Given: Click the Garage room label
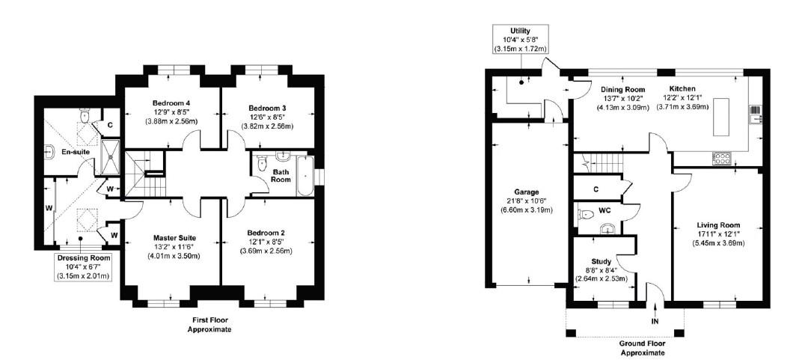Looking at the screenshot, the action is pos(529,192).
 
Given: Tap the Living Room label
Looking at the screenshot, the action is pos(718,225).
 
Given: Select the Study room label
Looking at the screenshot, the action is pos(601,261).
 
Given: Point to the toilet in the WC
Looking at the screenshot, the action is pos(583,214).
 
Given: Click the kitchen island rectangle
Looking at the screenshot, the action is pos(721,117).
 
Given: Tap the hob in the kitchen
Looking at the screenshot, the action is pos(721,159).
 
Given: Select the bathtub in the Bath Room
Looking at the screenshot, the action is pos(304,175).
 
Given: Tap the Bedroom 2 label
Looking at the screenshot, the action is pos(266,232).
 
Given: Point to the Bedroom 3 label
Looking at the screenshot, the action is pos(267,108).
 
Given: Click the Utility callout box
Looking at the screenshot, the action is pos(520,39).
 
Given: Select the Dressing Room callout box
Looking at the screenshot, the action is pos(84,267).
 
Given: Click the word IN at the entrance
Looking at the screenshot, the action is pos(655,322).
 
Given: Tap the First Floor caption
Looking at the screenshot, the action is pos(209,324).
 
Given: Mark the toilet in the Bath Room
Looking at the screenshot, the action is pos(261,163).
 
